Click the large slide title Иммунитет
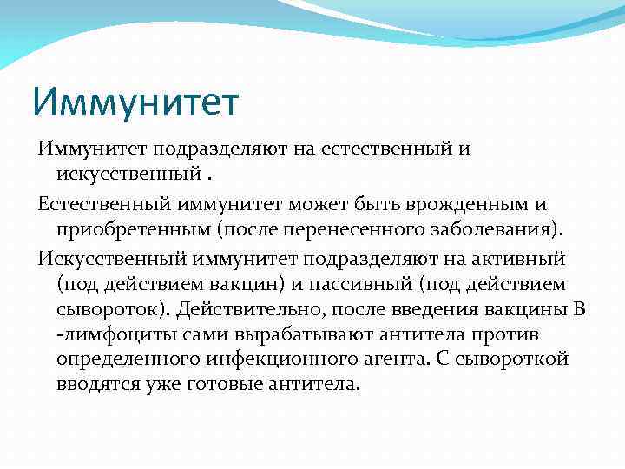point(135,102)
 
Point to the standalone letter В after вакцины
point(579,309)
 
